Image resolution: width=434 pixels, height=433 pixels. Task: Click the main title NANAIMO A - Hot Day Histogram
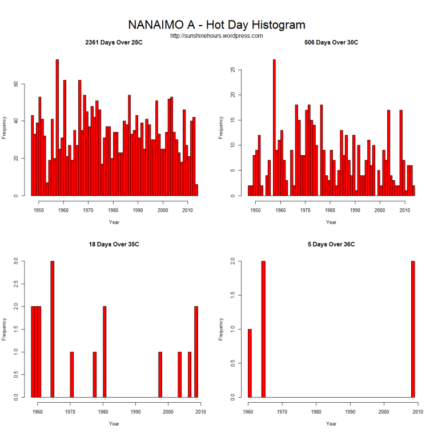(216, 25)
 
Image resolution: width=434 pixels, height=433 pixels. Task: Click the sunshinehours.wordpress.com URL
(216, 35)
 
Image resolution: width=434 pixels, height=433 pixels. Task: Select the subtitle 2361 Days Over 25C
(114, 43)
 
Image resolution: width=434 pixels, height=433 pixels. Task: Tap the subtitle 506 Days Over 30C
(331, 43)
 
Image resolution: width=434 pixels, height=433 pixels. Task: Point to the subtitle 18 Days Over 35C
(114, 244)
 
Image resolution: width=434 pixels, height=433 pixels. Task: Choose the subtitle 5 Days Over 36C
(331, 244)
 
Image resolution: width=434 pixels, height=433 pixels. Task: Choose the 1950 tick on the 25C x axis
(39, 210)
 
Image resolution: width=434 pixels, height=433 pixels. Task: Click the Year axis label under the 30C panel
(331, 222)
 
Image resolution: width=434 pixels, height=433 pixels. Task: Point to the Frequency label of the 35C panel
(4, 329)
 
